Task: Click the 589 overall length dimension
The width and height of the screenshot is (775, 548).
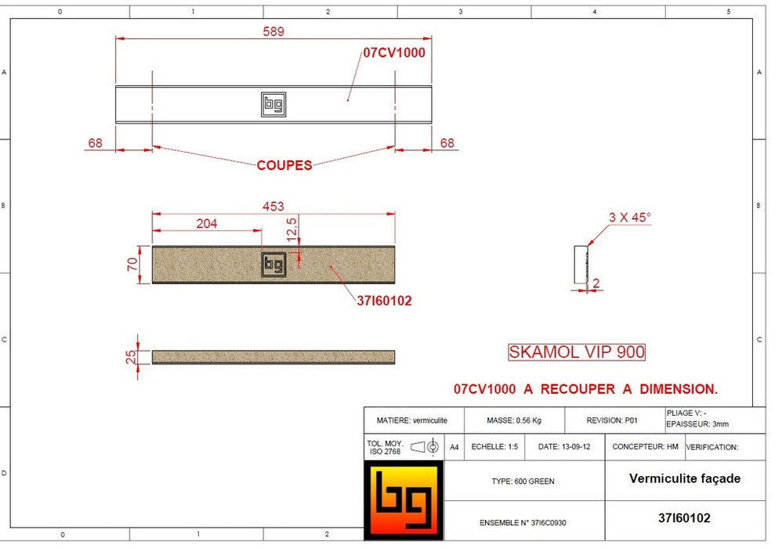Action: tap(273, 31)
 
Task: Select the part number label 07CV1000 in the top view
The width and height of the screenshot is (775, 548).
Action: tap(393, 53)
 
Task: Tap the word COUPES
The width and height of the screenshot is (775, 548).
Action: tap(284, 165)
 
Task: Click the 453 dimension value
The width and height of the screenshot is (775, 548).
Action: tap(273, 207)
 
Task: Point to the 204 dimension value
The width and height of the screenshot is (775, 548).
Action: tap(206, 223)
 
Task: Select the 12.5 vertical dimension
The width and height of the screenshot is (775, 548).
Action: tap(292, 231)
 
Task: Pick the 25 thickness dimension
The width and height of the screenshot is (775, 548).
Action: tap(132, 357)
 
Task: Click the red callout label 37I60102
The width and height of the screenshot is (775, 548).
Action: tap(385, 301)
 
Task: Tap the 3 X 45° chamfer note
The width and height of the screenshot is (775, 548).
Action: tap(630, 218)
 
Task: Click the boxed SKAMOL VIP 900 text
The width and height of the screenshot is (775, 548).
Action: tap(577, 352)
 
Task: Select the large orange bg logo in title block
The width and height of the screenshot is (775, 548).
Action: tap(404, 499)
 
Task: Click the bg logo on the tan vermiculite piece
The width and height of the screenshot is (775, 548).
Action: tap(273, 265)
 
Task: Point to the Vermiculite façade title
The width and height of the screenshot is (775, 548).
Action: tap(684, 478)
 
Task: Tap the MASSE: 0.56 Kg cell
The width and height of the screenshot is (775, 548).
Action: tap(514, 420)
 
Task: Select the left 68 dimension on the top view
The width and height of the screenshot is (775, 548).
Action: tap(95, 143)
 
